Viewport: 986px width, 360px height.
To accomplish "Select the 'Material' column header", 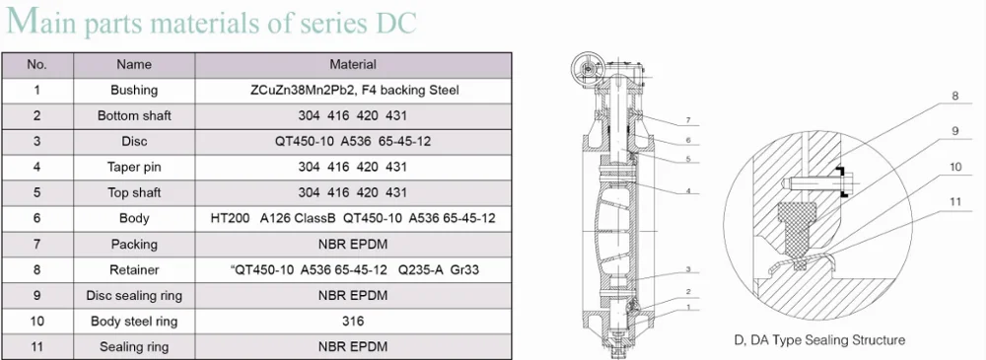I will pos(352,64).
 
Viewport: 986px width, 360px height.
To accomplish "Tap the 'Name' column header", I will pos(134,64).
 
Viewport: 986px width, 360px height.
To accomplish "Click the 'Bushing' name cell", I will pos(134,90).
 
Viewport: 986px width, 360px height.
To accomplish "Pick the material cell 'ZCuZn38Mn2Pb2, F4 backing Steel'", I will pos(352,90).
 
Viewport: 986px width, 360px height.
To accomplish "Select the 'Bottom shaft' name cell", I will pos(134,115).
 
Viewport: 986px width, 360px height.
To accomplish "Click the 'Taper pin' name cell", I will pos(134,167).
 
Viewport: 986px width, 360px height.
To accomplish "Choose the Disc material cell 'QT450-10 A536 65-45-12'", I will pos(352,141).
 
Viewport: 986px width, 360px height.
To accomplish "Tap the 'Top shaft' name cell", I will pos(134,192).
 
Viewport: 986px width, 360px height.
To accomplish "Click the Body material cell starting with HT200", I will pos(352,218).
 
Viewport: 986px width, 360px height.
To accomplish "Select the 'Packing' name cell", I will pos(134,244).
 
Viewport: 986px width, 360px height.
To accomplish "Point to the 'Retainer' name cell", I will pos(134,269).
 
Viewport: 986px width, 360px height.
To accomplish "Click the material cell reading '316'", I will pos(352,321).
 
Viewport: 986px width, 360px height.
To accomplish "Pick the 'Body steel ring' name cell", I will pos(134,321).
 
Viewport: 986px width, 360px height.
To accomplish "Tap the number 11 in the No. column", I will pos(36,346).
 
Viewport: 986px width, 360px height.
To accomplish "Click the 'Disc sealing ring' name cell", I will pos(134,295).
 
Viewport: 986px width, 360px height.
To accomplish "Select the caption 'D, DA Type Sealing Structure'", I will pos(818,340).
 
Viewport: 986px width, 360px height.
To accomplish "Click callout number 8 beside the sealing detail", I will pos(954,96).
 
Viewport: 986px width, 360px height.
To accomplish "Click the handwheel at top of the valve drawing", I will pos(586,69).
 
